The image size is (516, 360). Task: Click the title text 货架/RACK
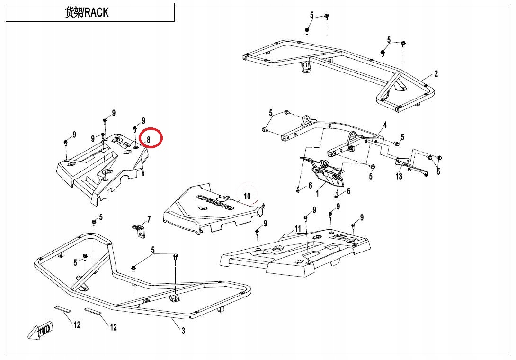(x=87, y=12)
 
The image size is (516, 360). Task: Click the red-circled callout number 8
(x=149, y=139)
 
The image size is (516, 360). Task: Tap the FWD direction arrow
(x=41, y=330)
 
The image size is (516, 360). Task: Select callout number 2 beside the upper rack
(x=436, y=73)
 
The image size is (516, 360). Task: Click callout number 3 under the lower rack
(x=183, y=331)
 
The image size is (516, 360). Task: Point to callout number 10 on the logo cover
(x=247, y=196)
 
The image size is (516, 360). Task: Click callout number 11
(x=298, y=228)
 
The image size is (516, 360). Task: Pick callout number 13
(x=399, y=176)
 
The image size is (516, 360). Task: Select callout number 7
(x=149, y=219)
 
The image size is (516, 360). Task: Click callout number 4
(x=385, y=125)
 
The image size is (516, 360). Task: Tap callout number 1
(x=317, y=193)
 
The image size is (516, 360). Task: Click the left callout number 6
(x=310, y=186)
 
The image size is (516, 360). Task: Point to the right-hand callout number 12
(x=113, y=327)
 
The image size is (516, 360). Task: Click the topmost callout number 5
(x=312, y=15)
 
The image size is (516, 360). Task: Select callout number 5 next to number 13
(x=438, y=171)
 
